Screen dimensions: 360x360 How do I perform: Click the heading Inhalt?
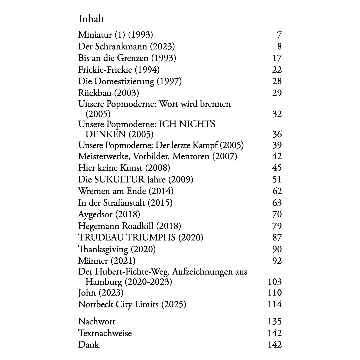(x=91, y=19)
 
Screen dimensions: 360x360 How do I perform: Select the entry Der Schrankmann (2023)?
(x=126, y=46)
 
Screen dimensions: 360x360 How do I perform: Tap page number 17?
(x=277, y=58)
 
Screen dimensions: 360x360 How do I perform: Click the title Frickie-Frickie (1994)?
(x=119, y=70)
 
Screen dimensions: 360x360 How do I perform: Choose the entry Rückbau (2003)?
(x=108, y=93)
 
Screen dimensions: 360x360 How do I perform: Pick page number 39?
(x=277, y=145)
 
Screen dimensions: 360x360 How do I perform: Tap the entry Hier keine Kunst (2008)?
(x=124, y=167)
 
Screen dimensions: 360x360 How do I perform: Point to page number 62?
(x=277, y=191)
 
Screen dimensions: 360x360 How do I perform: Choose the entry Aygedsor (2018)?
(x=109, y=214)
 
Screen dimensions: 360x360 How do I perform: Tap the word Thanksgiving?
(x=103, y=249)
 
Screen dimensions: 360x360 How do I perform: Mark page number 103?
(x=275, y=282)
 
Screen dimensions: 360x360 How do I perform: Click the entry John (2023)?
(x=101, y=293)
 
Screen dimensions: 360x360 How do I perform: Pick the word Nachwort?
(x=97, y=321)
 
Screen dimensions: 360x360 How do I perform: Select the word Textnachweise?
(x=105, y=333)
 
